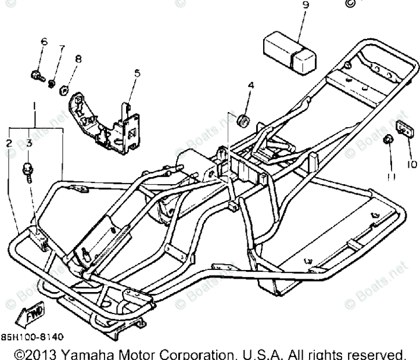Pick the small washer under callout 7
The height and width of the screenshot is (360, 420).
pos(52,85)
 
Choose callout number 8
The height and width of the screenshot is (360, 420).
pos(78,59)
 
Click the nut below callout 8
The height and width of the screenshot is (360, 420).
pos(66,90)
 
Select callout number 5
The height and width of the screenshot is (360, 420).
pos(137,73)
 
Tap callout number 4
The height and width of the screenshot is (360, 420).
pos(251,85)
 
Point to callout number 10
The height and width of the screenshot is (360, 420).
pos(411,164)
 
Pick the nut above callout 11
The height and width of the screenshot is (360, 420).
pos(387,139)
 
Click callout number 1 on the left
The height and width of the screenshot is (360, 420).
pos(35,107)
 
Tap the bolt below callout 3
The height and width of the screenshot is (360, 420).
pos(27,171)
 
